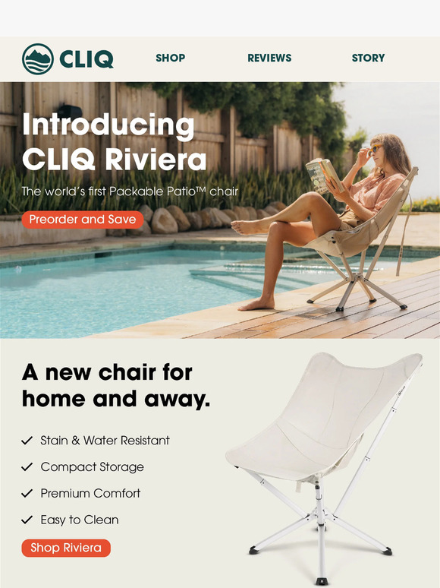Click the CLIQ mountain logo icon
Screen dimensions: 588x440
click(x=37, y=58)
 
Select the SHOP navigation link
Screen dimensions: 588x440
click(x=170, y=58)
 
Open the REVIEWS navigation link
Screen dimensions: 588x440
click(x=269, y=58)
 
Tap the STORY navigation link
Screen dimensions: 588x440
click(x=368, y=58)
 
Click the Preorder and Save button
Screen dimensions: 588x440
click(x=82, y=220)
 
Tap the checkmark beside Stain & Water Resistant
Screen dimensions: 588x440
click(x=27, y=441)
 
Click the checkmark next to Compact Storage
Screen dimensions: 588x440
click(x=27, y=467)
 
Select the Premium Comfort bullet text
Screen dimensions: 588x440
click(x=90, y=493)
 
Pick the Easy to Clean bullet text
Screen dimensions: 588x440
click(x=80, y=520)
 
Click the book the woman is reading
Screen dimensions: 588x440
click(x=320, y=173)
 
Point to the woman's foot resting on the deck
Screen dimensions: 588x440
click(x=256, y=304)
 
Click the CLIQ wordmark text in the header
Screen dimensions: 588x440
click(x=86, y=58)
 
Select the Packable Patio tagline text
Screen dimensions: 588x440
click(x=129, y=191)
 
